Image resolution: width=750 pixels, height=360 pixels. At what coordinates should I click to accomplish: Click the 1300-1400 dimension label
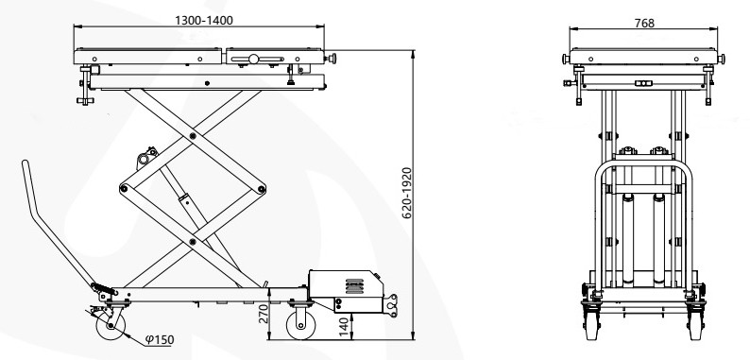(x=204, y=20)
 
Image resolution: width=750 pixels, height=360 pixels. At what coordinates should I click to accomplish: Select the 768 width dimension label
(x=644, y=23)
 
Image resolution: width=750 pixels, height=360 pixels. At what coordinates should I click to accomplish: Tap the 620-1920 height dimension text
(x=406, y=193)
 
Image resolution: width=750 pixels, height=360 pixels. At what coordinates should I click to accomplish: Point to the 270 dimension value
(x=264, y=314)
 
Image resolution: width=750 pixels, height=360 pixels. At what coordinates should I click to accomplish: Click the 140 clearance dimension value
(x=344, y=327)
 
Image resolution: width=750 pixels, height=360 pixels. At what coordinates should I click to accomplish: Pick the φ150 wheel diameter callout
(x=160, y=340)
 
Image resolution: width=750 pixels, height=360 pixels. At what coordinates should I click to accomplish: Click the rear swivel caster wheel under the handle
(x=111, y=326)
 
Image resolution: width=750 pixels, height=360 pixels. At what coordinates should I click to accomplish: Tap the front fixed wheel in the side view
(x=301, y=325)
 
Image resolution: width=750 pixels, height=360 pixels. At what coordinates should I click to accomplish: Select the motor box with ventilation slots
(x=346, y=284)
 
